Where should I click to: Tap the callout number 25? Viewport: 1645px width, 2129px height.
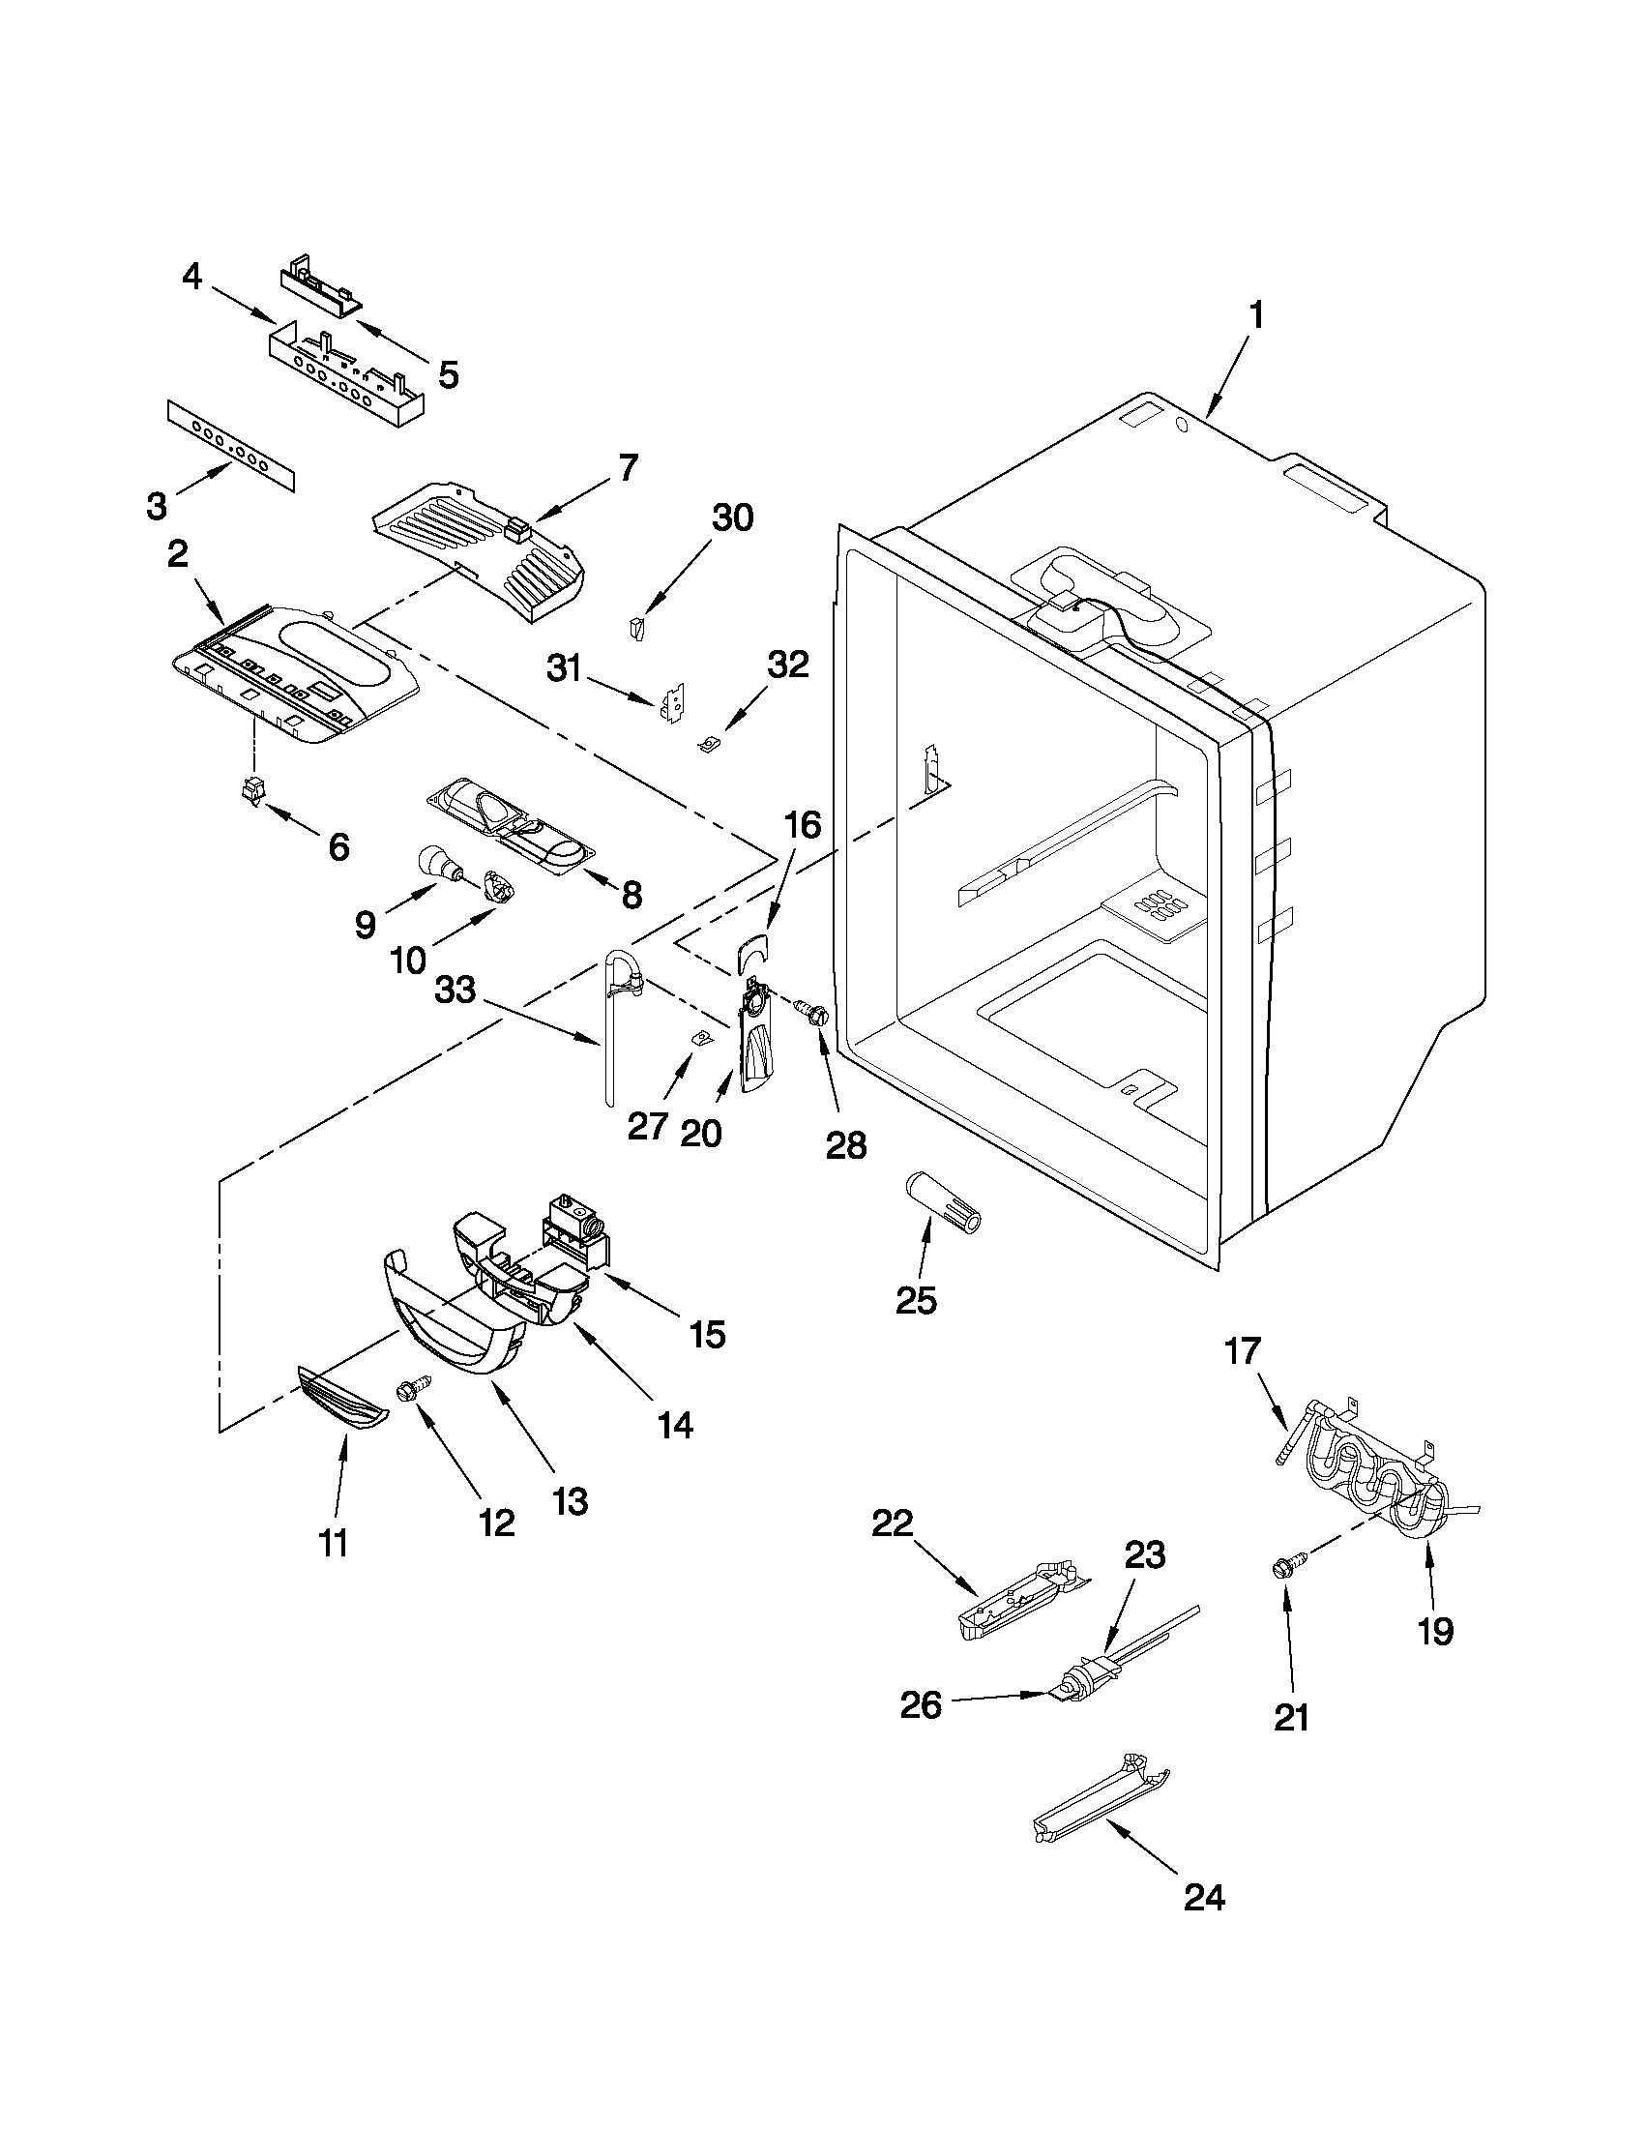915,1299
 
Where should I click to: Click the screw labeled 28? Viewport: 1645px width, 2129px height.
811,1014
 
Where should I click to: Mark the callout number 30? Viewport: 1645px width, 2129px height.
732,517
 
